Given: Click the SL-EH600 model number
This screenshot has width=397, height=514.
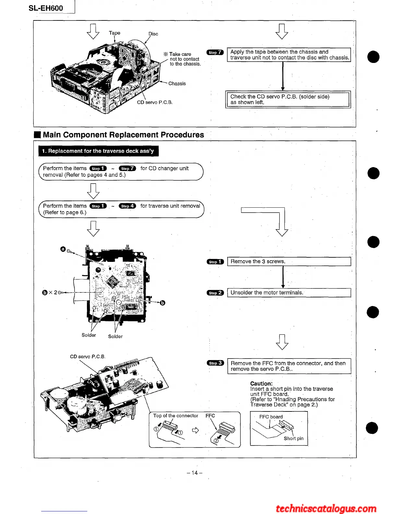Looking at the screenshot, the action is click(46, 8).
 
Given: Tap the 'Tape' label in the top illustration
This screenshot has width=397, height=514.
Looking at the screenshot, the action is click(114, 33).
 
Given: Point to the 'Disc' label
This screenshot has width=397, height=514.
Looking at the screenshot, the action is click(153, 34).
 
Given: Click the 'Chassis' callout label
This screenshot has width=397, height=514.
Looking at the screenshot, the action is click(177, 83).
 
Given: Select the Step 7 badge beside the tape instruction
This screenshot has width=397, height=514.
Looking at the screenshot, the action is click(215, 52).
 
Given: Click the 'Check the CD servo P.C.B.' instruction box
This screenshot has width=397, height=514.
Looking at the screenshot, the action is click(288, 99).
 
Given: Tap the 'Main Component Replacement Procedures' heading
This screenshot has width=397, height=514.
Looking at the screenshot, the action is click(123, 135).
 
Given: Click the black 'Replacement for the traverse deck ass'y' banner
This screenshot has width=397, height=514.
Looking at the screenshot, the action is click(98, 151).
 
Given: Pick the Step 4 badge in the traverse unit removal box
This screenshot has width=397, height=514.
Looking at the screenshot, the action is click(127, 206).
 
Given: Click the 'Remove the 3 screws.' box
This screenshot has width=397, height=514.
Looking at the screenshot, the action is click(289, 262).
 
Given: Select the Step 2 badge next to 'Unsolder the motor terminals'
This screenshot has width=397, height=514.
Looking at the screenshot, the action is click(215, 293).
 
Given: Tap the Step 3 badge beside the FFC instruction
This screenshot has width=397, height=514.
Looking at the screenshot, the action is click(215, 363).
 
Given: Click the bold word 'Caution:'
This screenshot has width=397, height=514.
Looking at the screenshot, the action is click(261, 384).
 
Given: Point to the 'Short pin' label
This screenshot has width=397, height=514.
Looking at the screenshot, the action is click(294, 438).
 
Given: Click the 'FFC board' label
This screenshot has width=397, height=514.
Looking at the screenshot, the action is click(271, 417).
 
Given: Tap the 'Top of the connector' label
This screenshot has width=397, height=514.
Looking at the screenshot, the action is click(175, 416).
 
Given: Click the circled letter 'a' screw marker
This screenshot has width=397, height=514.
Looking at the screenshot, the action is click(63, 249).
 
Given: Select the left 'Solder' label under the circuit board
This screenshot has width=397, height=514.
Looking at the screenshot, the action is click(89, 335).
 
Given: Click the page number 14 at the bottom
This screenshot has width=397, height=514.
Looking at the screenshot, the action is click(195, 473).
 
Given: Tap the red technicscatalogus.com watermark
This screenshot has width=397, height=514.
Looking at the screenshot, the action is click(326, 508).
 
